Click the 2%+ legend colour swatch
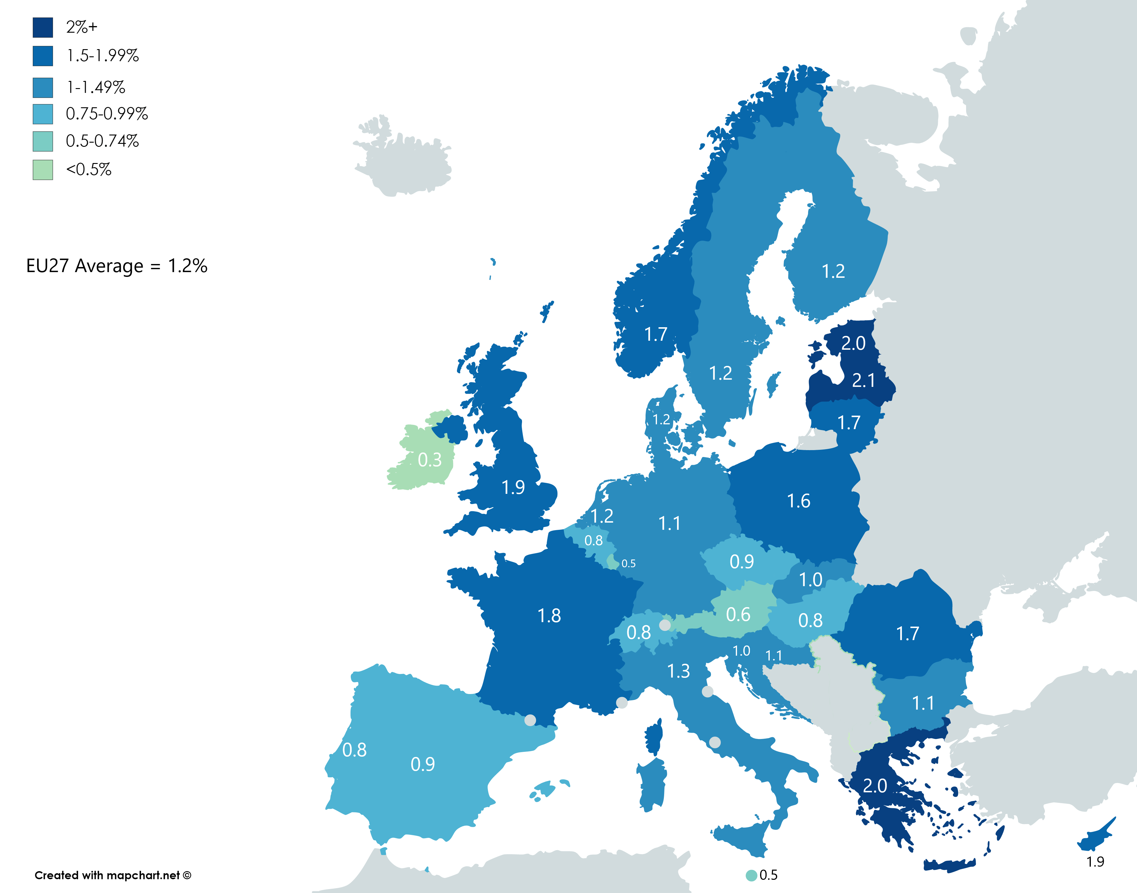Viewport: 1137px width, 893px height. [x=43, y=28]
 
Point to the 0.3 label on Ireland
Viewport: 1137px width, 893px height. [x=429, y=460]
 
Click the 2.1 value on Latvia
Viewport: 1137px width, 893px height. [x=864, y=380]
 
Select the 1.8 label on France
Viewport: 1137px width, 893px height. [x=549, y=616]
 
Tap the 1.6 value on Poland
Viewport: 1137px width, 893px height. [x=798, y=501]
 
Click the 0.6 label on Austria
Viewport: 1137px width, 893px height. [x=738, y=614]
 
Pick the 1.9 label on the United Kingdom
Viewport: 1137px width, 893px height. [x=513, y=487]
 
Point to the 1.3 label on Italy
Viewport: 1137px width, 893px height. [x=678, y=671]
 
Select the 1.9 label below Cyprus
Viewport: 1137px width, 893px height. [x=1095, y=862]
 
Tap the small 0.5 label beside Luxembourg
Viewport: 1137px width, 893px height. [x=628, y=564]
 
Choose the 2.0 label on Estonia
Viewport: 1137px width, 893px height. [x=853, y=343]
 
